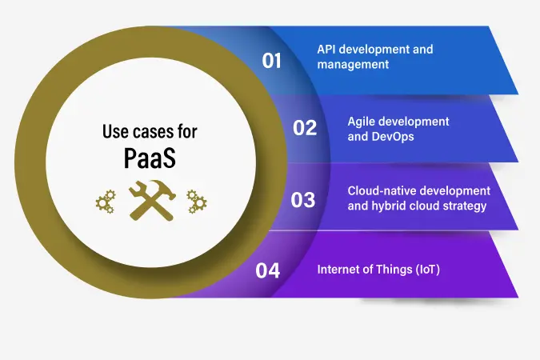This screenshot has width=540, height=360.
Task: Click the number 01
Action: pyautogui.click(x=271, y=61)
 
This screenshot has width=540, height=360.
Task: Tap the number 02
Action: pyautogui.click(x=305, y=128)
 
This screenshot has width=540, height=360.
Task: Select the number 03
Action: pyautogui.click(x=303, y=200)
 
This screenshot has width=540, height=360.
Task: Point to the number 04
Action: pyautogui.click(x=267, y=270)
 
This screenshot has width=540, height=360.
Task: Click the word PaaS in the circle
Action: pyautogui.click(x=150, y=158)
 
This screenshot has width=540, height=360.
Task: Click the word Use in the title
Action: pyautogui.click(x=116, y=131)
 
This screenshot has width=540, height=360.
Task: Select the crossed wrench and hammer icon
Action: pyautogui.click(x=152, y=201)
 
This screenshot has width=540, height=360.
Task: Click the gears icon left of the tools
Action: pyautogui.click(x=106, y=202)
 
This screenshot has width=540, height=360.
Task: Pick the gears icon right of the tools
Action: pyautogui.click(x=197, y=202)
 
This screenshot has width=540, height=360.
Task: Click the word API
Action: pyautogui.click(x=326, y=50)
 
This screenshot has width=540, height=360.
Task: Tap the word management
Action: pyautogui.click(x=353, y=65)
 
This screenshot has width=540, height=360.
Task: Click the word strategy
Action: pyautogui.click(x=465, y=206)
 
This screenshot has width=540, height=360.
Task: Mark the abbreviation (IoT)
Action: pyautogui.click(x=428, y=270)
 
